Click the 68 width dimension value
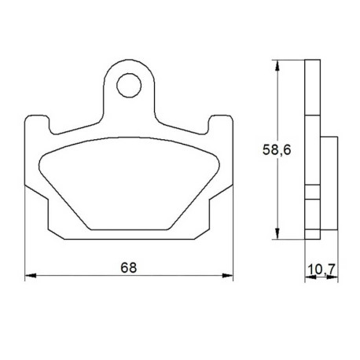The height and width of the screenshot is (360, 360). pos(129,267)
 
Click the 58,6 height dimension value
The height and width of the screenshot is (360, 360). pos(277,150)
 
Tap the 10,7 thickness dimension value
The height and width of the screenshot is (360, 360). pos(321,269)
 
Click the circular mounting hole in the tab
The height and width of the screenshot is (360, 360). pos(129,85)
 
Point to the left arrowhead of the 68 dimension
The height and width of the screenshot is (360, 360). pos(30,275)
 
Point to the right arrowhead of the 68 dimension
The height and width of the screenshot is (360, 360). pos(227,275)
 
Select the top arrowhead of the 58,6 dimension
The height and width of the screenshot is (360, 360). pos(277,65)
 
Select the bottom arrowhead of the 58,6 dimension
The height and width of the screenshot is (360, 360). pos(277,233)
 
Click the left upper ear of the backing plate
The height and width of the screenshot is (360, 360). pos(37,123)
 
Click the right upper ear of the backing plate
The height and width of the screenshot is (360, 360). pos(221,123)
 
